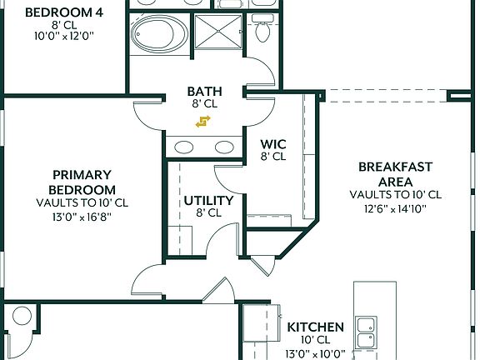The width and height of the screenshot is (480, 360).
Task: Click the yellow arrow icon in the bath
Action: point(202,123)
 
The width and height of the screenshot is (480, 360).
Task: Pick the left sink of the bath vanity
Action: point(186,147)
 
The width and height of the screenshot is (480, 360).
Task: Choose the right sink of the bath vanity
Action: point(223,147)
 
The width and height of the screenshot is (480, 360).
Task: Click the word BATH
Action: point(203,92)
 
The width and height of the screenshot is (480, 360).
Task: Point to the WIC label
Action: point(273,144)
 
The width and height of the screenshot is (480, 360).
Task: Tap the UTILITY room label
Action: point(208,200)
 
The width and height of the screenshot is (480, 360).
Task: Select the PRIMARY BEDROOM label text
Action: point(82,182)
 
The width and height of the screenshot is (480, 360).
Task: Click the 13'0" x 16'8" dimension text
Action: point(82,216)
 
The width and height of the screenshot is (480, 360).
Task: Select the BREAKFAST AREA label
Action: point(395,174)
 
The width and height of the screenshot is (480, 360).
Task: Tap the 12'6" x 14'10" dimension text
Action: point(395,208)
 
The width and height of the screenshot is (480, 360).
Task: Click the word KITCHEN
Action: point(315,327)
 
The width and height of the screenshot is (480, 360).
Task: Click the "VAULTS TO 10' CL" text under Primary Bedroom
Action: point(82,202)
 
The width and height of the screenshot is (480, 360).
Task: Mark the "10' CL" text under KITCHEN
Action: point(315,340)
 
